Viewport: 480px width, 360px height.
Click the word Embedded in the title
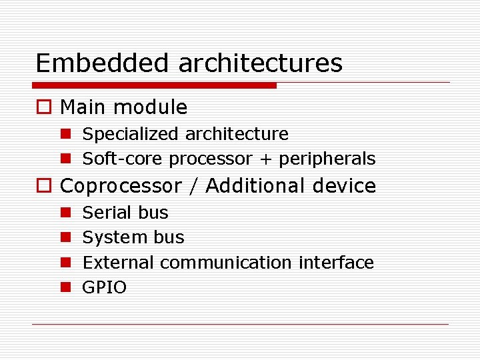coord(103,63)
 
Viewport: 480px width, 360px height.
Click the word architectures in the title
coord(260,63)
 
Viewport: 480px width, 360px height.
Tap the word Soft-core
coord(123,159)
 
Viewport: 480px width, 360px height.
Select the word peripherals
coord(327,159)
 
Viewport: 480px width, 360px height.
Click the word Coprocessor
coord(121,186)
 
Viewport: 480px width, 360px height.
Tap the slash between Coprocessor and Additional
coord(193,186)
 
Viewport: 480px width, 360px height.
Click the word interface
coord(336,263)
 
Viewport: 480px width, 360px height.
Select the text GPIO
coord(104,288)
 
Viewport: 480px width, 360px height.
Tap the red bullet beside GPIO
coord(65,288)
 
